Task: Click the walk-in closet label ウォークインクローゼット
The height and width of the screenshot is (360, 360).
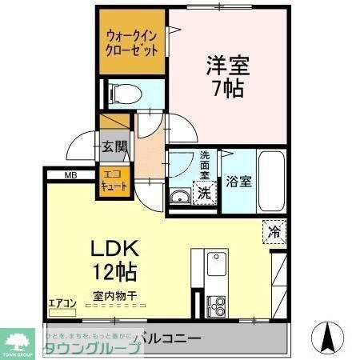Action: [132, 42]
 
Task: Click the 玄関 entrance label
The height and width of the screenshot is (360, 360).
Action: [114, 147]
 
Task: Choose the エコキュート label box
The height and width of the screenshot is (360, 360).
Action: [112, 181]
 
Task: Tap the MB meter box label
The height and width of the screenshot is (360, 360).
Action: [70, 174]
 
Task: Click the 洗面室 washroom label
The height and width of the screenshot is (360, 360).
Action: [205, 165]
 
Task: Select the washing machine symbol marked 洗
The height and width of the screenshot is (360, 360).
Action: [205, 192]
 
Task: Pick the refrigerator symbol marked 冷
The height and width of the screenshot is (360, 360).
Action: [273, 234]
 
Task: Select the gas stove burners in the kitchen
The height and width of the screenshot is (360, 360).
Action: [216, 303]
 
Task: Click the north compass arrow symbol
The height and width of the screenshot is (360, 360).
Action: [327, 336]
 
